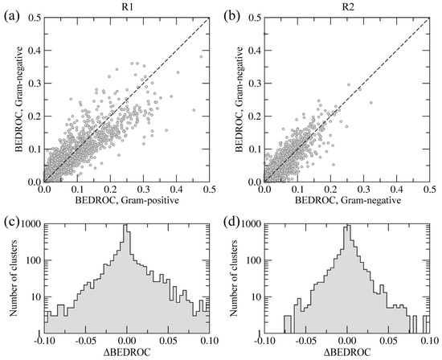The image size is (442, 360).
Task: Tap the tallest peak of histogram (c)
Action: pos(125,227)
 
